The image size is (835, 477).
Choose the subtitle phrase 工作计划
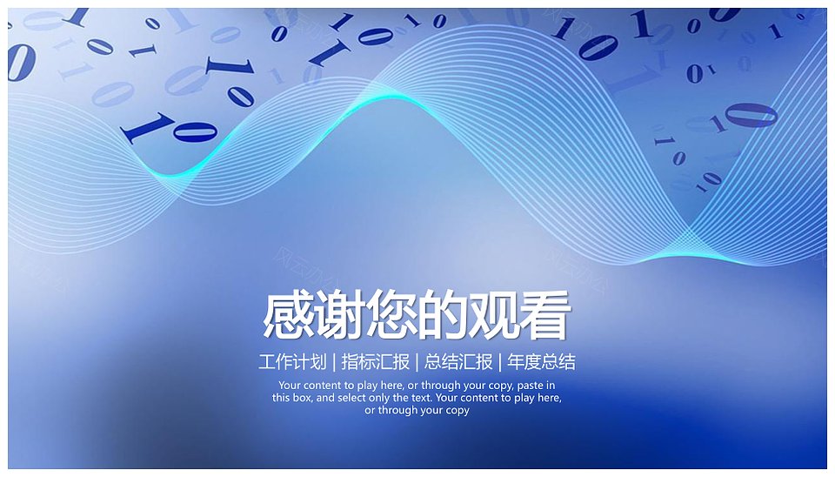point(292,362)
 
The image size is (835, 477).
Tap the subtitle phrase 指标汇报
point(376,362)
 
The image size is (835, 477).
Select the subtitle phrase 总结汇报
point(458,362)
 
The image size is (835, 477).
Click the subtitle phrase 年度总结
point(542,362)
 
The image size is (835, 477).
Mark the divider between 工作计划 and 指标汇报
point(334,362)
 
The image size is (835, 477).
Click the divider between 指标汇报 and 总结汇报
point(417,362)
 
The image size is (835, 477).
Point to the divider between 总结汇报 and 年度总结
point(500,362)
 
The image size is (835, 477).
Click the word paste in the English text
point(530,386)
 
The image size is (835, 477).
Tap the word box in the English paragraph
point(302,398)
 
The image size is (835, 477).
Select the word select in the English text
point(351,398)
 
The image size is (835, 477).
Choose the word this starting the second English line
point(281,398)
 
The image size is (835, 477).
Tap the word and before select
point(325,398)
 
